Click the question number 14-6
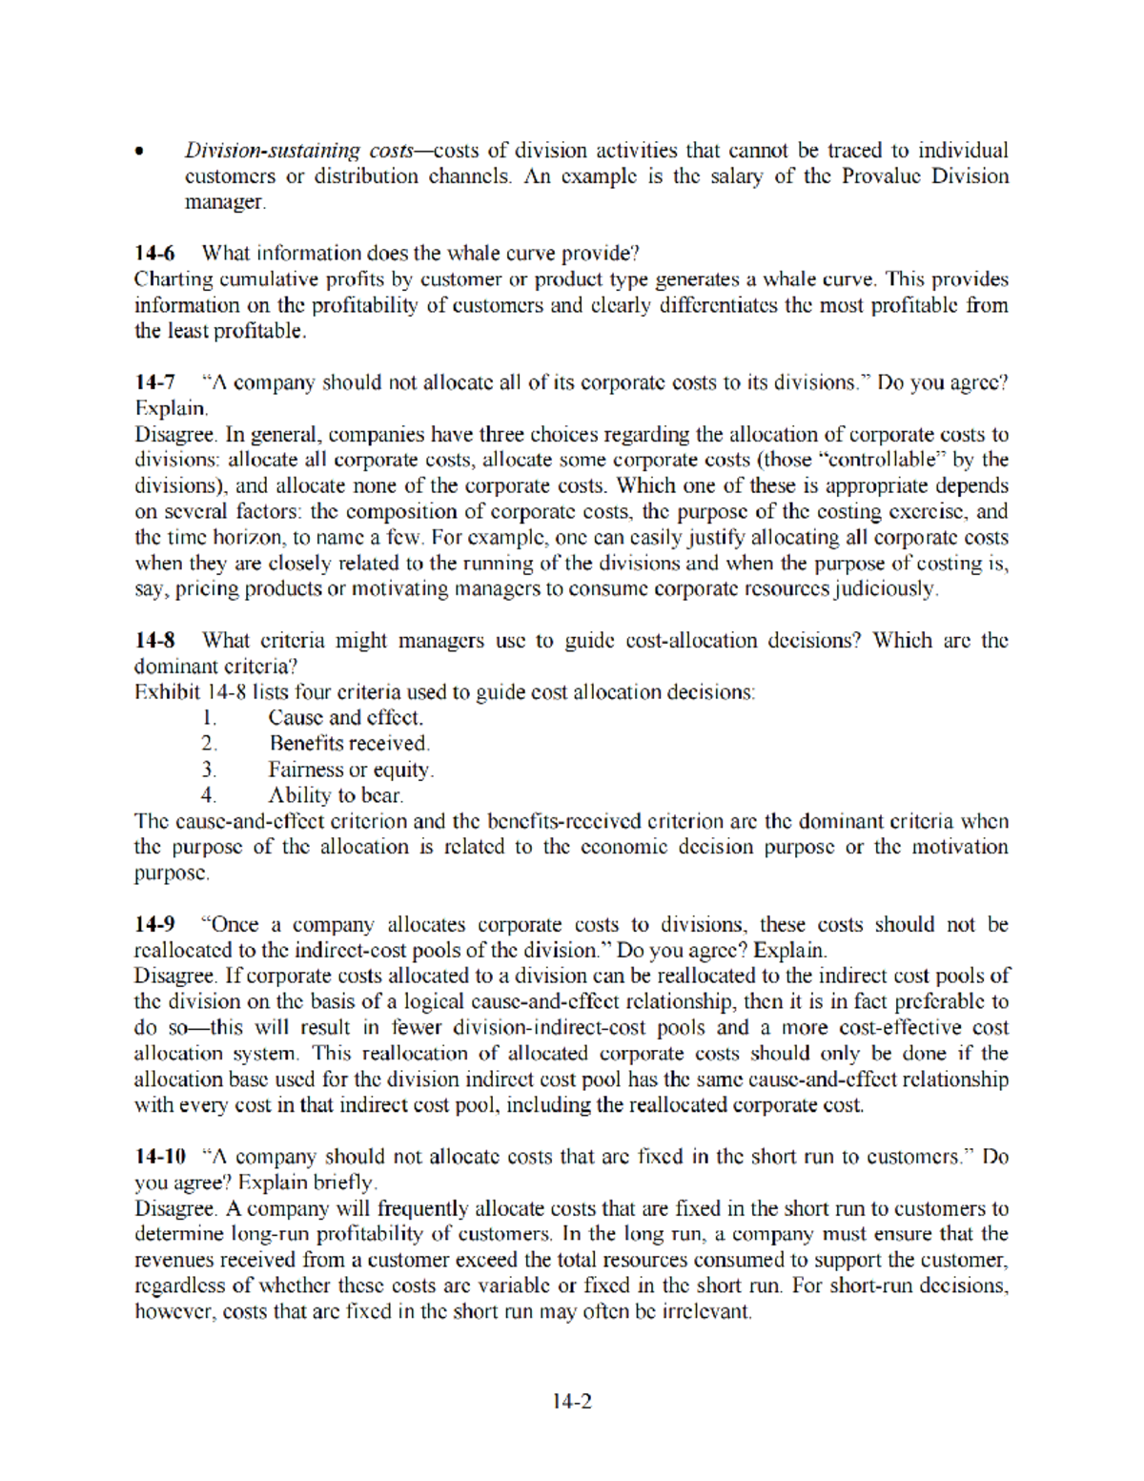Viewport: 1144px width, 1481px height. [154, 254]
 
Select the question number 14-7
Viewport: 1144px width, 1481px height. [154, 382]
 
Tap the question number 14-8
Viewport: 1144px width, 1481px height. [154, 641]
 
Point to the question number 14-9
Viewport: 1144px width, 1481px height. [154, 925]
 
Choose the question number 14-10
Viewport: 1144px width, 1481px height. [160, 1157]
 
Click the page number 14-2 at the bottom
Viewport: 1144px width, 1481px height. [571, 1401]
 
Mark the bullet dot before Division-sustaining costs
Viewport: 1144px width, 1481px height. [140, 152]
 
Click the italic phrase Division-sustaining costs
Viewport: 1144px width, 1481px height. [298, 151]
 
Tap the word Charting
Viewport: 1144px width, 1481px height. [173, 279]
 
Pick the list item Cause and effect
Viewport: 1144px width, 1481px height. [345, 717]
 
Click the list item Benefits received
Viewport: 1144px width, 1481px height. [349, 743]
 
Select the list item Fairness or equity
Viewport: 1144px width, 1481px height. [350, 770]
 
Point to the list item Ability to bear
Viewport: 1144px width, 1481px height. [336, 795]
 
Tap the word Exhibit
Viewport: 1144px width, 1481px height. [167, 692]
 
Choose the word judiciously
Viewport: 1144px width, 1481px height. [886, 588]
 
